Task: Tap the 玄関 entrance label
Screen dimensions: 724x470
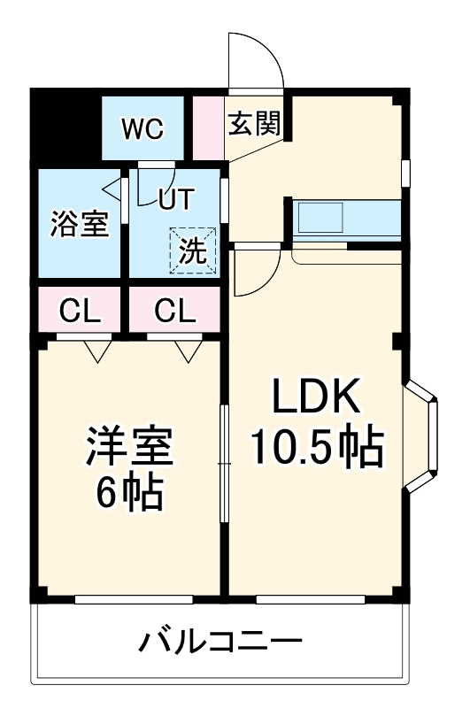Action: [254, 123]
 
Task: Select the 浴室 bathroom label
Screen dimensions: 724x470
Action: [79, 224]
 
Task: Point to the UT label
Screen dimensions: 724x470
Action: [175, 200]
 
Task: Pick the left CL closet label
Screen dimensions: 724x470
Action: [79, 312]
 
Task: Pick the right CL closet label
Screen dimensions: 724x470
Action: [174, 312]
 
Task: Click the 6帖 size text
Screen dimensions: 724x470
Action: [128, 495]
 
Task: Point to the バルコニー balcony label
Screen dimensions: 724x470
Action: [220, 640]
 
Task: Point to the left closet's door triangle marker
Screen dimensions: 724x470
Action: [97, 351]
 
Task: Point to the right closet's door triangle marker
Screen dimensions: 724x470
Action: [187, 351]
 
